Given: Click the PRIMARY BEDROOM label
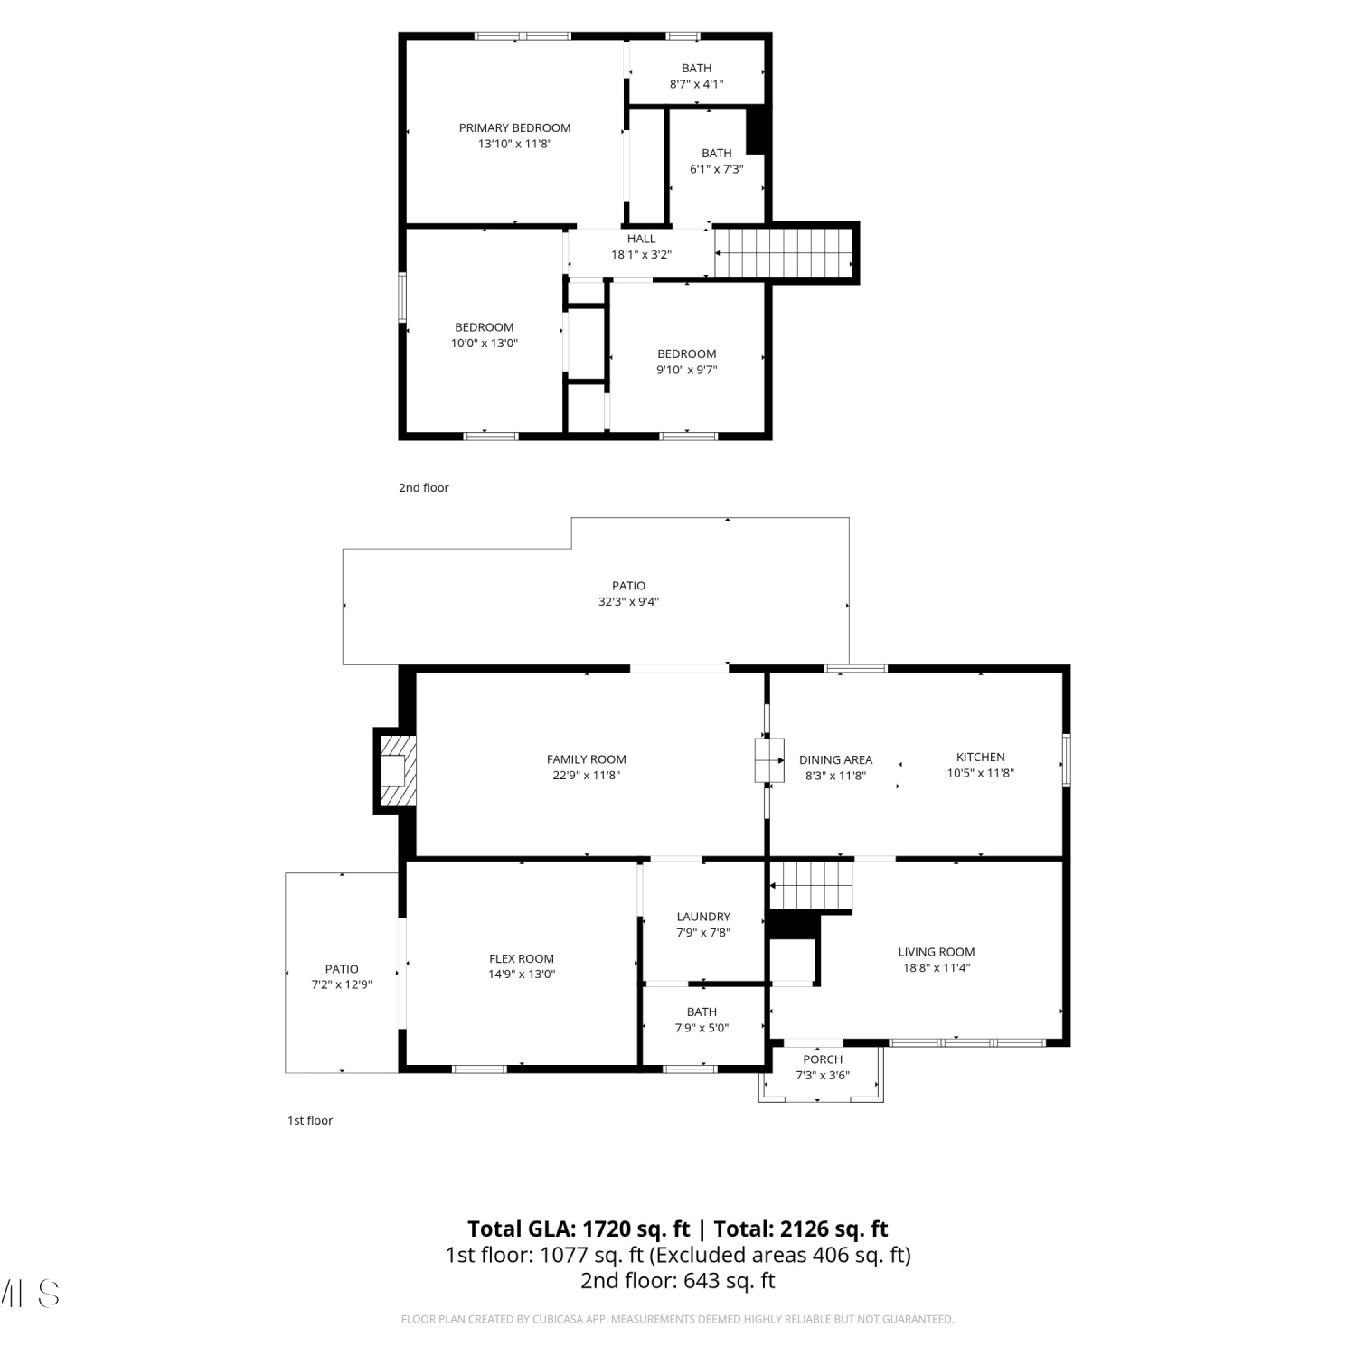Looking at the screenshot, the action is pyautogui.click(x=514, y=128).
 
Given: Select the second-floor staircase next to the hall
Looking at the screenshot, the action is pyautogui.click(x=785, y=253).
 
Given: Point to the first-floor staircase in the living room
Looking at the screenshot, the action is pyautogui.click(x=811, y=886).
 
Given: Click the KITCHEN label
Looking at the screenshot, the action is pyautogui.click(x=981, y=758).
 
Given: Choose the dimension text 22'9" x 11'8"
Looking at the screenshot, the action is pyautogui.click(x=587, y=776).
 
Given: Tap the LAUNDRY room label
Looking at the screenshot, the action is pyautogui.click(x=703, y=917).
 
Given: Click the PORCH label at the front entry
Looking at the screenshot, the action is pyautogui.click(x=823, y=1059).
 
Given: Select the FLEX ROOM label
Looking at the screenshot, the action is pyautogui.click(x=522, y=959).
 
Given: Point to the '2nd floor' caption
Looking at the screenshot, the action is pyautogui.click(x=424, y=488).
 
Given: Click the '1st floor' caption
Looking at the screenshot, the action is pyautogui.click(x=310, y=1121).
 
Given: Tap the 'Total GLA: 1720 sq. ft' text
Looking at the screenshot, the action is pyautogui.click(x=579, y=1229).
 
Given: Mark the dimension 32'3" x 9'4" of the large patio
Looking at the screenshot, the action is pyautogui.click(x=628, y=602).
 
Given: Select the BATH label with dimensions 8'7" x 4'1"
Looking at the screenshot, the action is pyautogui.click(x=696, y=69).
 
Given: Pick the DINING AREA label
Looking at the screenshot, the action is pyautogui.click(x=836, y=760).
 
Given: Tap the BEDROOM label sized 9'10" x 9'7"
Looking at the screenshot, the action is pyautogui.click(x=687, y=354).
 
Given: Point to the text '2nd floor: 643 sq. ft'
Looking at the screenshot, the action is pyautogui.click(x=678, y=1281).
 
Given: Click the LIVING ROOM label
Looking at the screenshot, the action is pyautogui.click(x=937, y=952).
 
